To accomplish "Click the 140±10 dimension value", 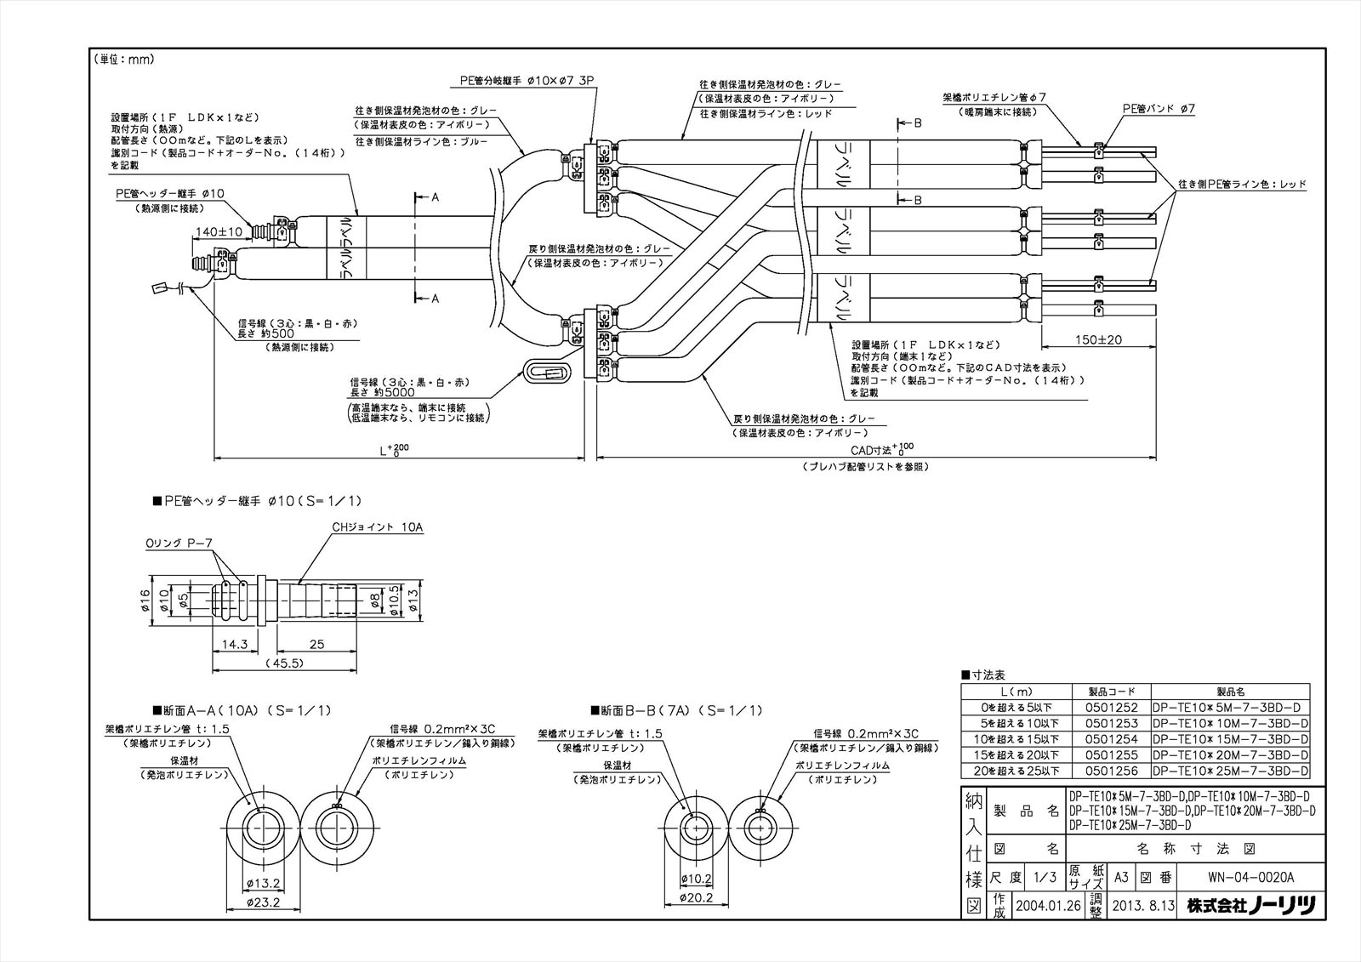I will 219,231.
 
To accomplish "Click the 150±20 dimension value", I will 1097,339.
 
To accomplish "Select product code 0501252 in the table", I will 1111,708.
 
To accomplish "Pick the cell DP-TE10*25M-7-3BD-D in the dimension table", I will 1229,771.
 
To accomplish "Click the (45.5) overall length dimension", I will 284,663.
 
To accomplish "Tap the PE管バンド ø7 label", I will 1159,109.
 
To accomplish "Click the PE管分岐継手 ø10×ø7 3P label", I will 527,81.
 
